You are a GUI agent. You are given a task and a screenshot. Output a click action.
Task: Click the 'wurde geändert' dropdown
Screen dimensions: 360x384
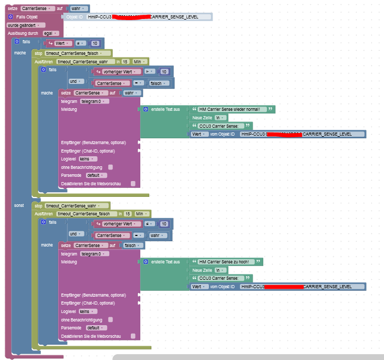[x=26, y=25]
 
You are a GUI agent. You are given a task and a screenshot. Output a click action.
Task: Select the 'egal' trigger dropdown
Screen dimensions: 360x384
[x=48, y=33]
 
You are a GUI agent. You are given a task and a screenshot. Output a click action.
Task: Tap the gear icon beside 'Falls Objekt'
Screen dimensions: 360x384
[x=11, y=17]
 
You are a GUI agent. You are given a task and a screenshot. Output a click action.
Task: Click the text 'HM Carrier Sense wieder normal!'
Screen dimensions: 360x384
[x=229, y=109]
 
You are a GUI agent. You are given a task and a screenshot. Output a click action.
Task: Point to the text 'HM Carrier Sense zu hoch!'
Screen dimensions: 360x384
[x=224, y=262]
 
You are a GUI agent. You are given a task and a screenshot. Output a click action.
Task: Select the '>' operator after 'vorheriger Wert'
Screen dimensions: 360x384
[x=149, y=71]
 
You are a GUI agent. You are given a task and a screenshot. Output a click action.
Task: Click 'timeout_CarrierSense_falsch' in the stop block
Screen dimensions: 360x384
[x=76, y=53]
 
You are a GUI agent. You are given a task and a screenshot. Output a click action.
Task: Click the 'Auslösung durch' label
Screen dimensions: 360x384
[x=22, y=33]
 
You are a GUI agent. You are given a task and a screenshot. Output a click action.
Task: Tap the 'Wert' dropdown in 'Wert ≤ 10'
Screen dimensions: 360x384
[x=62, y=43]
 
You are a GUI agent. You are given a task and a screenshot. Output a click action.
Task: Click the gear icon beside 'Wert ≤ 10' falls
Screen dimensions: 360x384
[x=17, y=41]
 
